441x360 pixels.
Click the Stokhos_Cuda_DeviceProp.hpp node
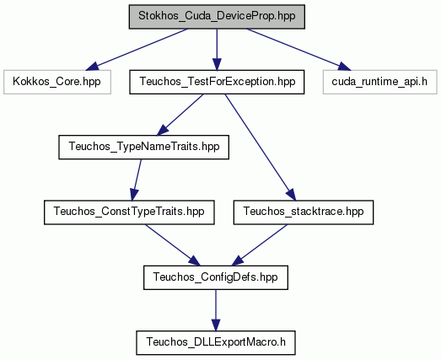coord(217,17)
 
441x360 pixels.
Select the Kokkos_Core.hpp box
coord(57,82)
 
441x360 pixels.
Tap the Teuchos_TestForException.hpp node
coord(217,82)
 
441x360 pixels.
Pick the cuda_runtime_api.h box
coord(379,82)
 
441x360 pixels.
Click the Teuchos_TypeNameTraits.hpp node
coord(143,147)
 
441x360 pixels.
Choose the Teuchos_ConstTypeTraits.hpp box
coord(129,212)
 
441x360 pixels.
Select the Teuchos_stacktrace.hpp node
coord(304,212)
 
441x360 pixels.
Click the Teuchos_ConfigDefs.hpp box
coord(216,277)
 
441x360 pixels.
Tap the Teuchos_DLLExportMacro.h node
coord(216,343)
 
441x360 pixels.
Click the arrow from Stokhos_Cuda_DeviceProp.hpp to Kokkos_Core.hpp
coord(137,49)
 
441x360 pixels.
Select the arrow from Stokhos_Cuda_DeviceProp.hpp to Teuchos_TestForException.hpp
coord(217,49)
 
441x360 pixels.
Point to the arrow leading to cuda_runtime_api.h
coord(298,49)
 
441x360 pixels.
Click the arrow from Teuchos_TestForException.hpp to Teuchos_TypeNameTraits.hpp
coord(180,115)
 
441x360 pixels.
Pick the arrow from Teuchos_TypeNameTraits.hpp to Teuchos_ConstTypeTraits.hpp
coord(136,180)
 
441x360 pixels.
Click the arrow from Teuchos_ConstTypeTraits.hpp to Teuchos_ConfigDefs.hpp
coord(172,245)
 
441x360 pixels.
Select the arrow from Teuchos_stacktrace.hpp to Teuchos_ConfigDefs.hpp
coord(260,245)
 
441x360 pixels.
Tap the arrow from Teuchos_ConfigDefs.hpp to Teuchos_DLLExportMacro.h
coord(216,310)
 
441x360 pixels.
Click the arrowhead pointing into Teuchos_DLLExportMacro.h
coord(216,325)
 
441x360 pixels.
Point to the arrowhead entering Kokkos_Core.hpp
coord(92,67)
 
